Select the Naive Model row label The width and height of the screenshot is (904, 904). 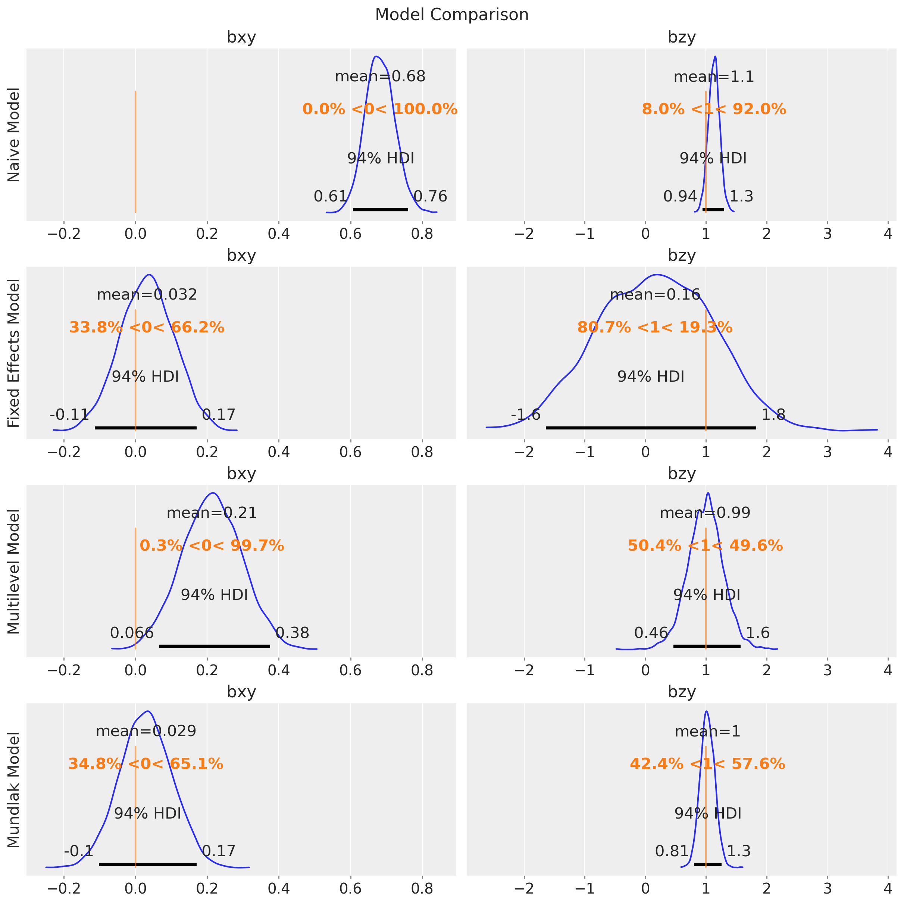[14, 135]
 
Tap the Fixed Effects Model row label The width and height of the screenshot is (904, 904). [14, 353]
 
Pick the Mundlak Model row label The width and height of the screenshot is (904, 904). [14, 790]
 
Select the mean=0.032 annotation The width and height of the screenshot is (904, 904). [147, 295]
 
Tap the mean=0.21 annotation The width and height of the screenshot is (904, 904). [212, 513]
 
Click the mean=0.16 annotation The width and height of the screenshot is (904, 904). [655, 295]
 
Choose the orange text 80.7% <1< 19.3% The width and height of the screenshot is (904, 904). [655, 328]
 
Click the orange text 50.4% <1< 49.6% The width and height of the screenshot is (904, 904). [705, 545]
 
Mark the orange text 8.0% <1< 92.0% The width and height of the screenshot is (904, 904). [714, 109]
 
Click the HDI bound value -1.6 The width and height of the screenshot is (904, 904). [525, 415]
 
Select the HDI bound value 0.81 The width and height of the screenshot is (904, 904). [672, 851]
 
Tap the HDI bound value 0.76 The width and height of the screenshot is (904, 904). [431, 197]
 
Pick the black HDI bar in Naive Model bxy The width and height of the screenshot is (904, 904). [381, 210]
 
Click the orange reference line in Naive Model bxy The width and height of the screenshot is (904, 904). [135, 152]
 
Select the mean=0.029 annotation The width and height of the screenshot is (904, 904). [146, 731]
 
